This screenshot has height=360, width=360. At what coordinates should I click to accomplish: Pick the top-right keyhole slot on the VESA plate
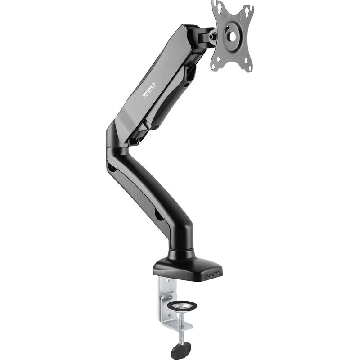(247, 9)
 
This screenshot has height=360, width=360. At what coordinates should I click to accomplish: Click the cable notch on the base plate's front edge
(211, 274)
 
